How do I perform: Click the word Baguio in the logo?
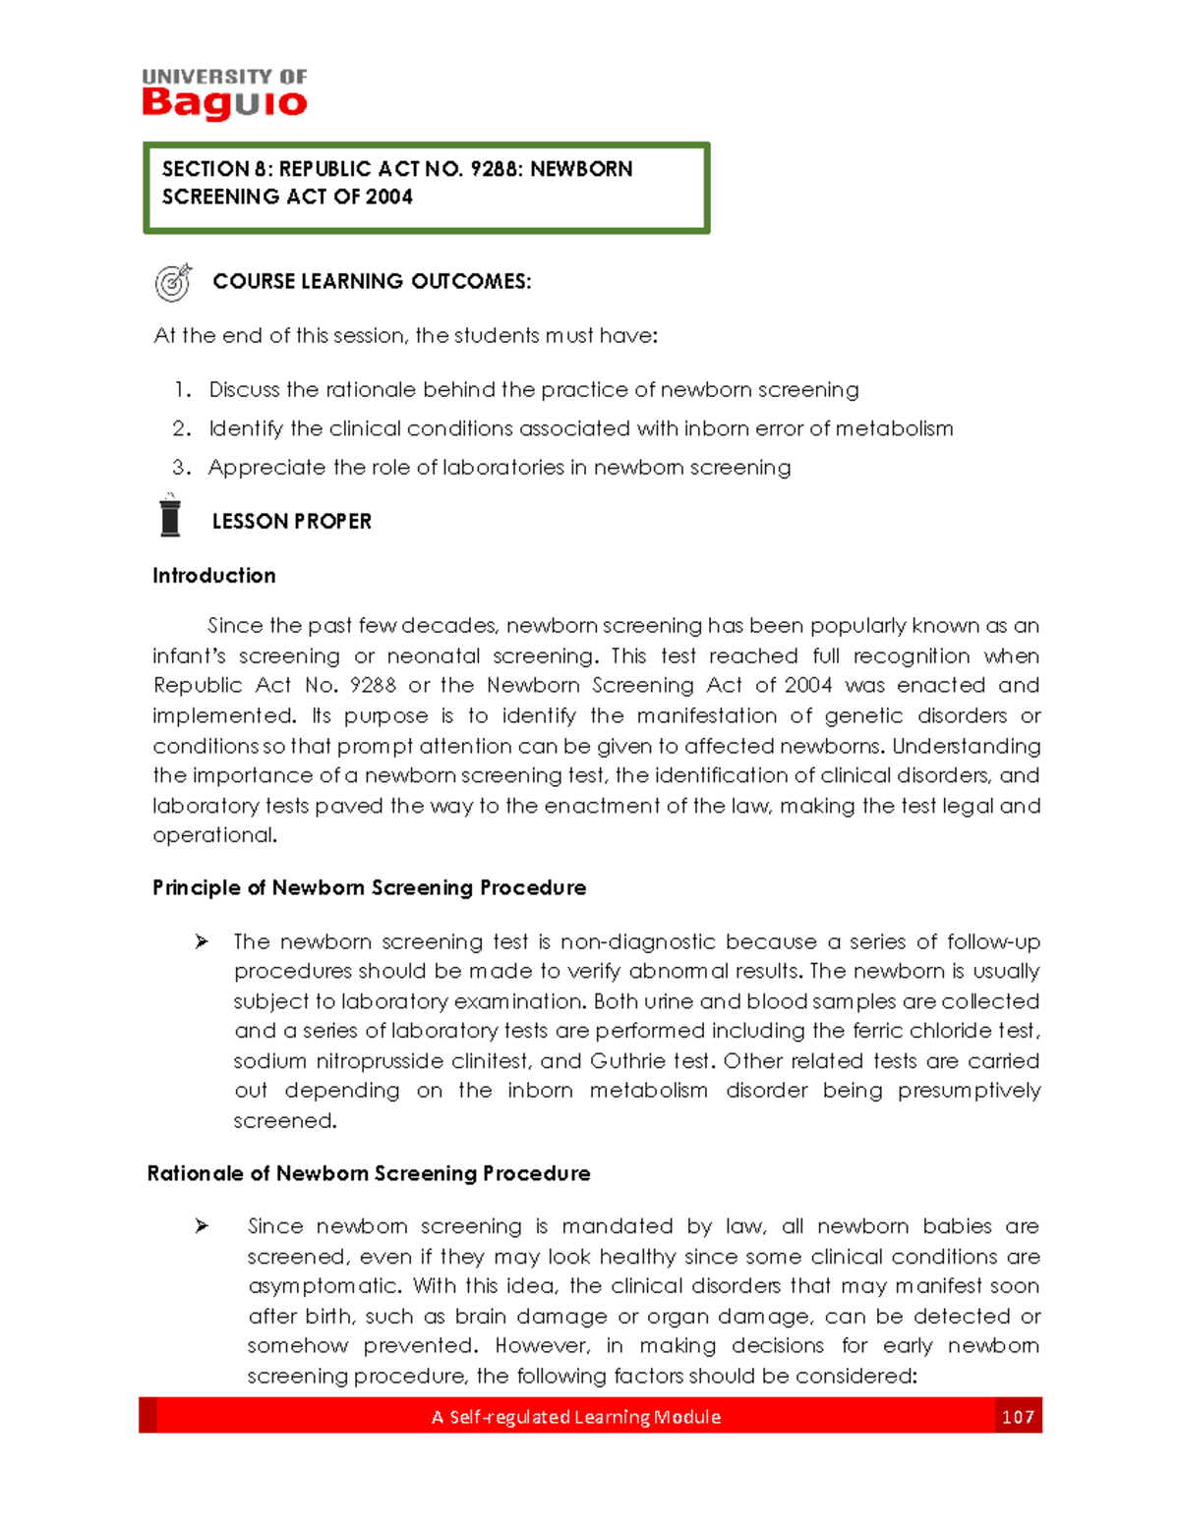[x=224, y=102]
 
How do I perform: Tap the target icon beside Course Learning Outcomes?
[x=173, y=283]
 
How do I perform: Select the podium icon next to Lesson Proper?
[x=170, y=517]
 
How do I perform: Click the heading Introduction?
[x=213, y=576]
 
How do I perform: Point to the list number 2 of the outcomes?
[x=180, y=428]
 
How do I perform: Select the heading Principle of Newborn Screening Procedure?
[x=369, y=888]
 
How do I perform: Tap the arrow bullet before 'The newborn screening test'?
[x=202, y=942]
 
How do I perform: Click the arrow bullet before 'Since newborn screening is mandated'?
[x=202, y=1226]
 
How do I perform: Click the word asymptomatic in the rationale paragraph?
[x=324, y=1286]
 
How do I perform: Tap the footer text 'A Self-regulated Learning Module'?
[x=575, y=1417]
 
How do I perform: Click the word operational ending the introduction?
[x=214, y=836]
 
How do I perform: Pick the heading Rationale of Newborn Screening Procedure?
[x=369, y=1173]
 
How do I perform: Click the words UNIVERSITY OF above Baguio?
[x=224, y=77]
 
